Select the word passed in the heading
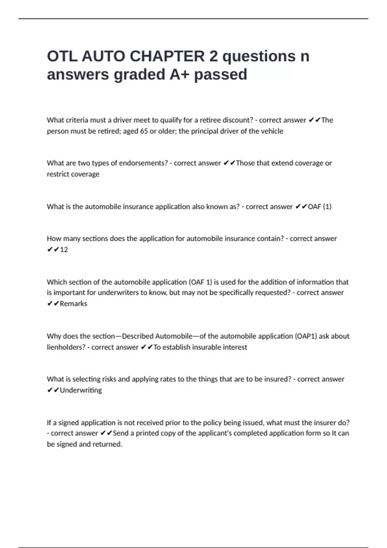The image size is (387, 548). coord(221,74)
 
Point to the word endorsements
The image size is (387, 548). coord(144,163)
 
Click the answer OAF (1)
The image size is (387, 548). coord(319,207)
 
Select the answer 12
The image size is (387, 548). coord(64,250)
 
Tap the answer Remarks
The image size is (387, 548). coord(73,304)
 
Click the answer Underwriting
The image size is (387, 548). coord(81,390)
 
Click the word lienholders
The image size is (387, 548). coord(66,347)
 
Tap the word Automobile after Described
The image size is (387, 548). coord(174,336)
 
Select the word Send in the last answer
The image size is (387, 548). coord(121,433)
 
